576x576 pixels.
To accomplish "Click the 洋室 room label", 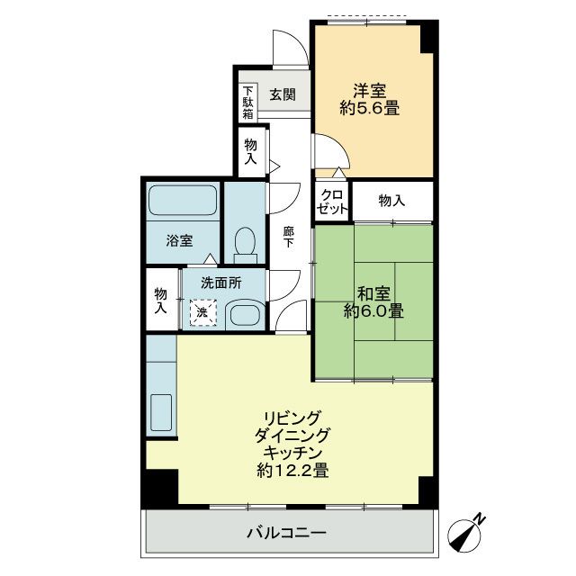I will pyautogui.click(x=369, y=90).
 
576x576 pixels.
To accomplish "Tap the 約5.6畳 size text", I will pyautogui.click(x=369, y=109).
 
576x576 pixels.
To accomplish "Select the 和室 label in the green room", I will pyautogui.click(x=372, y=292).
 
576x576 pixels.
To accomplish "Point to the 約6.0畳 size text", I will pyautogui.click(x=372, y=312).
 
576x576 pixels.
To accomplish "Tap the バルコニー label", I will pyautogui.click(x=286, y=533).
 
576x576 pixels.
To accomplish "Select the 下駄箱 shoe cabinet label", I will pyautogui.click(x=246, y=103).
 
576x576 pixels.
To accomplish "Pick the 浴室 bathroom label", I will pyautogui.click(x=179, y=240).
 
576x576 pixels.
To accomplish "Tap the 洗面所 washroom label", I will pyautogui.click(x=221, y=282).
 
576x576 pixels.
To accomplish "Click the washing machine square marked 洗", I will pyautogui.click(x=202, y=312).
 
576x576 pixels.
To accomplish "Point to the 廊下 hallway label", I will pyautogui.click(x=288, y=236).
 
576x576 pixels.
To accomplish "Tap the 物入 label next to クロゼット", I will pyautogui.click(x=391, y=201).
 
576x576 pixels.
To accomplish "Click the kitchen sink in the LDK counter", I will pyautogui.click(x=161, y=411).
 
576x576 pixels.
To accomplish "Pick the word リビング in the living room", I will pyautogui.click(x=292, y=418).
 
